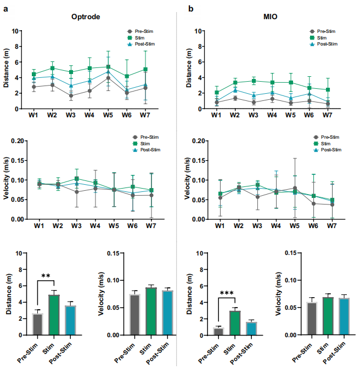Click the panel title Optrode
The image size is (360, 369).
point(85,16)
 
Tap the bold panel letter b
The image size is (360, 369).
point(191,9)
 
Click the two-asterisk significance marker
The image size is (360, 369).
point(46,276)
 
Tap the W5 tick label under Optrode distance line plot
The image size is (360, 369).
point(108,116)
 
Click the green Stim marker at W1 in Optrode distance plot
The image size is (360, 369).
point(34,74)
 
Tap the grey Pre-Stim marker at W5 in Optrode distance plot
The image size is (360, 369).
point(108,78)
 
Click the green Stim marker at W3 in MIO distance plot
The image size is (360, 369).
point(254,81)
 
